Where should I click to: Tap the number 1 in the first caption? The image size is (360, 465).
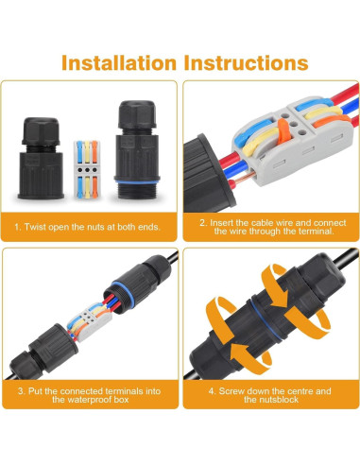15,228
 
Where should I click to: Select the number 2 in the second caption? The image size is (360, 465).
201,222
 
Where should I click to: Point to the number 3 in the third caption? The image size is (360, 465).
19,389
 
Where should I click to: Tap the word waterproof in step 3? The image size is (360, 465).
85,400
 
